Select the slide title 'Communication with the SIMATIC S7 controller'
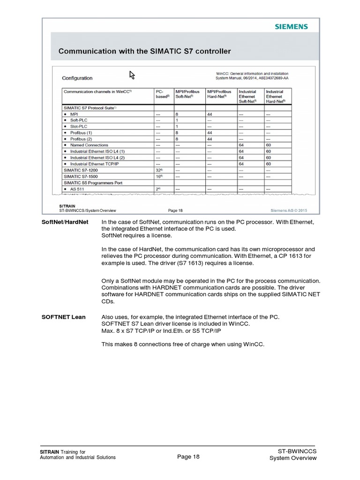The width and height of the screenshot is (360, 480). point(144,51)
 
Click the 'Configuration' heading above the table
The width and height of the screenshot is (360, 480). point(77,78)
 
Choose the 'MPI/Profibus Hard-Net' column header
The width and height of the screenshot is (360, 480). point(219,94)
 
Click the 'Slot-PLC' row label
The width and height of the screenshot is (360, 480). point(79,127)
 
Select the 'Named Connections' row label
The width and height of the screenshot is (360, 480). point(89,145)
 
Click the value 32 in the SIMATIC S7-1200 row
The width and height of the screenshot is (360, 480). point(158,170)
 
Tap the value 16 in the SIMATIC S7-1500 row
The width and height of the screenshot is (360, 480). point(158,176)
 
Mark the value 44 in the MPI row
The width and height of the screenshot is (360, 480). point(210,114)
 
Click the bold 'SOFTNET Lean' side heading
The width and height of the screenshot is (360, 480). point(63,317)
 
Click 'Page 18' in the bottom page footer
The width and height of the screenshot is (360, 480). point(188,457)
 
